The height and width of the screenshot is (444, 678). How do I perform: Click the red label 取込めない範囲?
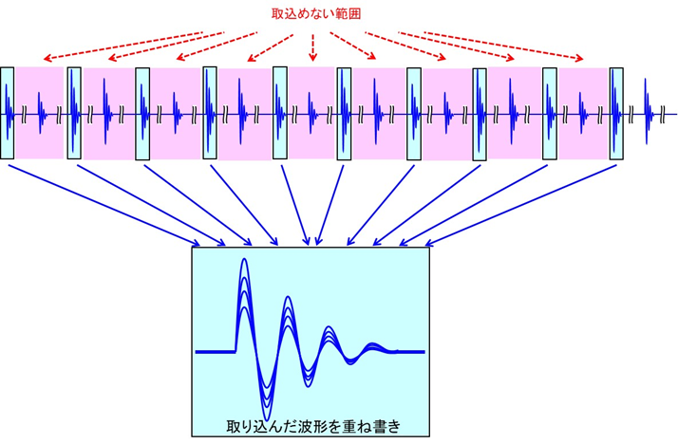point(316,14)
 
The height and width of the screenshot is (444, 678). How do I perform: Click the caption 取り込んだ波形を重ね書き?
point(313,426)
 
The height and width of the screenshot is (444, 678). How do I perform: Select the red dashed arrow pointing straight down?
point(313,47)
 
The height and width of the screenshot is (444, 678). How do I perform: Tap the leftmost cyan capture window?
point(8,113)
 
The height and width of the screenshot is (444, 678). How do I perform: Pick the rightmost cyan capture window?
point(616,114)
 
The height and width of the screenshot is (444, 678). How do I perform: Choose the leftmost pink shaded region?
point(39,113)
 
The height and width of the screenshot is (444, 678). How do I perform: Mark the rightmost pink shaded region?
point(583,114)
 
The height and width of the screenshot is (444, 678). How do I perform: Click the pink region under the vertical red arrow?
point(311,113)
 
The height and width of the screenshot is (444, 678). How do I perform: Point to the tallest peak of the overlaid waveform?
point(244,259)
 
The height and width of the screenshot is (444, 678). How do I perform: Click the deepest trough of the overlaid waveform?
point(267,419)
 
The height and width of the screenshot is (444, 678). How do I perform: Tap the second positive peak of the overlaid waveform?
point(288,297)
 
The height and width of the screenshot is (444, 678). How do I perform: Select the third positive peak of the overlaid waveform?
point(330,327)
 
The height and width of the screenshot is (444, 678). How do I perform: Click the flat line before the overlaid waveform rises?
point(216,352)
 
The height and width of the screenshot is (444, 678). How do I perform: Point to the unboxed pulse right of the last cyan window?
point(648,111)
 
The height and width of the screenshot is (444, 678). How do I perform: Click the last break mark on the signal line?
point(662,115)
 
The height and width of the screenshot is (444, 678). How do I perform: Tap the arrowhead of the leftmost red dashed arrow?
point(47,58)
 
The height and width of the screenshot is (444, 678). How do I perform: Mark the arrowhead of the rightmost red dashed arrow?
point(579,58)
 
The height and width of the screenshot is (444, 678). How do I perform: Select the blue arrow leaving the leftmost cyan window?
point(104,205)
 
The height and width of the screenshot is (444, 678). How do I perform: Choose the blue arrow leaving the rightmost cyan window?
point(520,205)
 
